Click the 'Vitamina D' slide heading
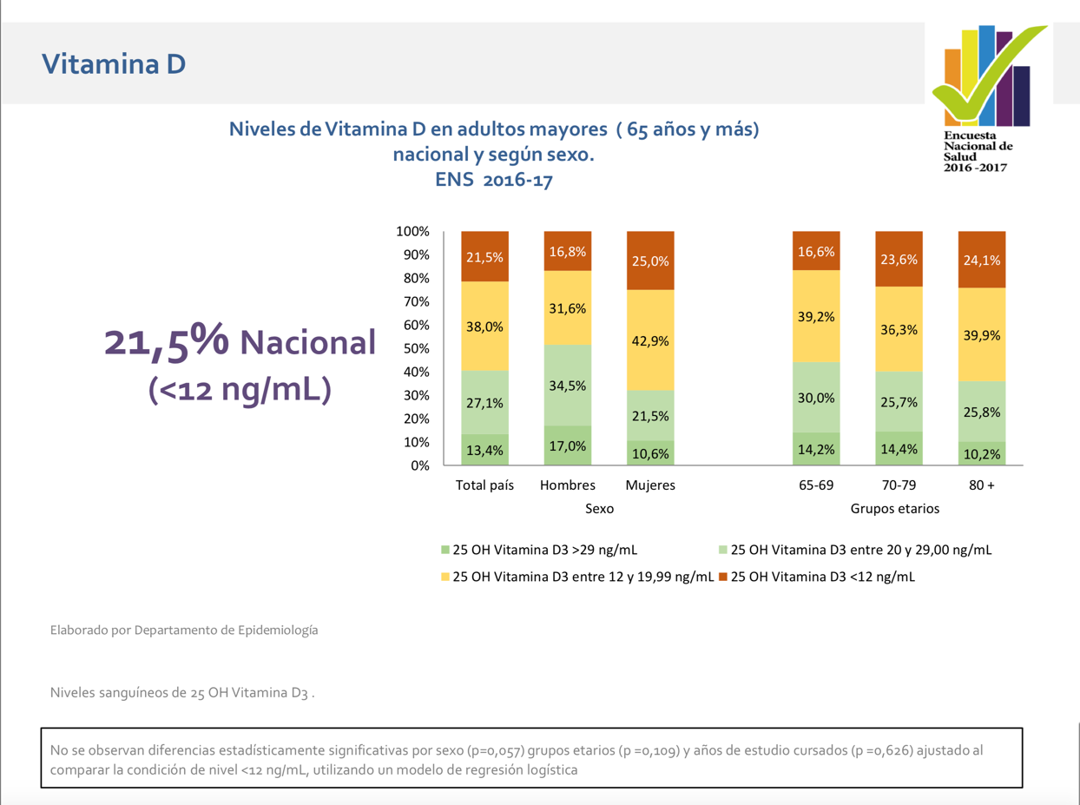coord(114,64)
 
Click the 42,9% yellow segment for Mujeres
coord(650,340)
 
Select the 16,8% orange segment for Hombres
coord(567,251)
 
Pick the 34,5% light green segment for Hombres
coord(567,386)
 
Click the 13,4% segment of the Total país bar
coord(484,449)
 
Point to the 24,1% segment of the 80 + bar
coord(982,260)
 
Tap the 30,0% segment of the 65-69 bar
coord(816,397)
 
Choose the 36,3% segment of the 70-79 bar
coord(899,329)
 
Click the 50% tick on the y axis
coord(416,348)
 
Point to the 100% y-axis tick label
coord(412,231)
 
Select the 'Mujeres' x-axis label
coord(650,485)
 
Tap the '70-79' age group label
coord(899,485)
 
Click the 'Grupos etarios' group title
coord(894,508)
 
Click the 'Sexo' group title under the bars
coord(599,508)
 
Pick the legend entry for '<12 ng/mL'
coord(817,577)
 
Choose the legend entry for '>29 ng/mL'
coord(539,550)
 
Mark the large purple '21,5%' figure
coord(167,341)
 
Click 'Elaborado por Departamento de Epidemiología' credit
coord(184,630)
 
